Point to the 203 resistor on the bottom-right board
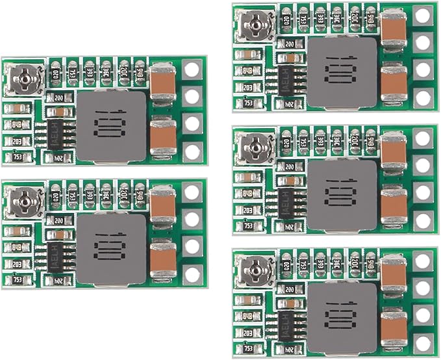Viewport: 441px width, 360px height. click(x=247, y=331)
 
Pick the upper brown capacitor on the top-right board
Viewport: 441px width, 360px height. click(x=394, y=27)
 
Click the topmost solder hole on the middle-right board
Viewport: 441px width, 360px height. click(x=423, y=138)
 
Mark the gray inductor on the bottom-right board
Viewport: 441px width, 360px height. click(x=342, y=316)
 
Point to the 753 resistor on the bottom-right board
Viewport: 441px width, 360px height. click(x=247, y=346)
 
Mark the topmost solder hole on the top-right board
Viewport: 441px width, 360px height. click(x=423, y=15)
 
